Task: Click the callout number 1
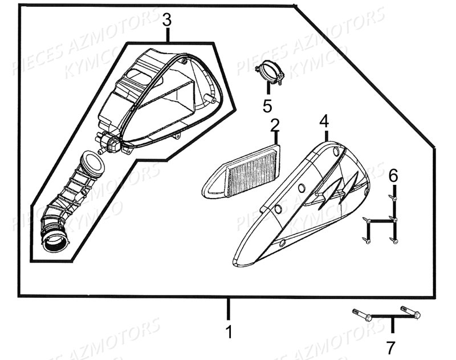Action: tap(230, 332)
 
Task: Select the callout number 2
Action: tap(275, 124)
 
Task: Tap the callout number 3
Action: tap(166, 20)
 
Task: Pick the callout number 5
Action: tap(267, 106)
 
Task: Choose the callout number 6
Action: tap(393, 176)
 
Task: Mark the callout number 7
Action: tap(391, 347)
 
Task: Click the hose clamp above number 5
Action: tap(268, 73)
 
